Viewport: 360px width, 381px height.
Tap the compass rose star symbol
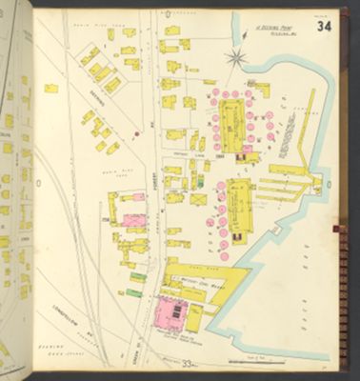234,58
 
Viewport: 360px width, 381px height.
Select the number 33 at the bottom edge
190,363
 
